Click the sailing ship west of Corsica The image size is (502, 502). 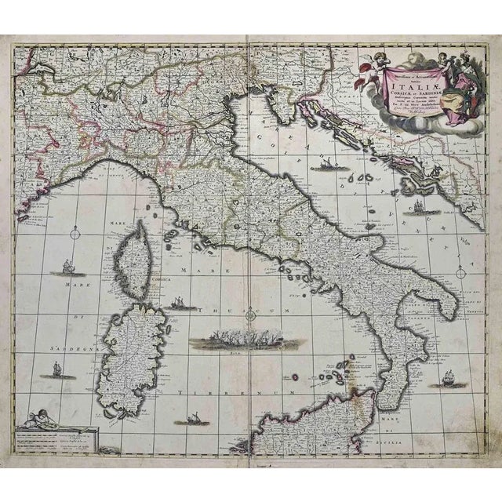click(x=60, y=269)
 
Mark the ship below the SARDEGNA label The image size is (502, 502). click(x=56, y=369)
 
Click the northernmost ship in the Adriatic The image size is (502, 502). click(x=326, y=165)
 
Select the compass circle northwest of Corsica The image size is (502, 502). click(x=75, y=231)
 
